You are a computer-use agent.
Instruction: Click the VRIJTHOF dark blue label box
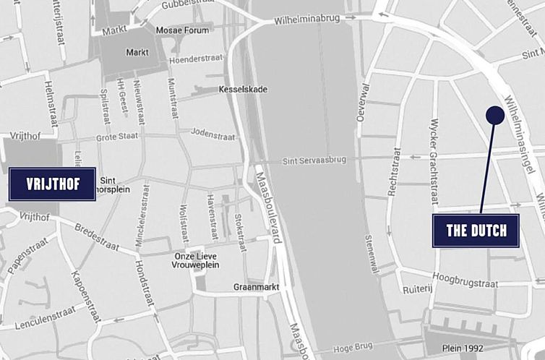[52, 184]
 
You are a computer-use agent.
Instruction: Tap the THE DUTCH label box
[476, 231]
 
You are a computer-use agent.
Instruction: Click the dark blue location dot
[495, 115]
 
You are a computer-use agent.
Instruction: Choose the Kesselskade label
[242, 90]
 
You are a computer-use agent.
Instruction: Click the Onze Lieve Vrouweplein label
[197, 260]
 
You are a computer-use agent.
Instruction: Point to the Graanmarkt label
[252, 287]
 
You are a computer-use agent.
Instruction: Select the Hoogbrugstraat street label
[465, 279]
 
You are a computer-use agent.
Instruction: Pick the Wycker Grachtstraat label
[434, 160]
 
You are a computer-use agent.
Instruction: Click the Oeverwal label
[362, 100]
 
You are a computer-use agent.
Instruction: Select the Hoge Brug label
[353, 347]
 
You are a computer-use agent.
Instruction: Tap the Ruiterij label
[417, 287]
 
